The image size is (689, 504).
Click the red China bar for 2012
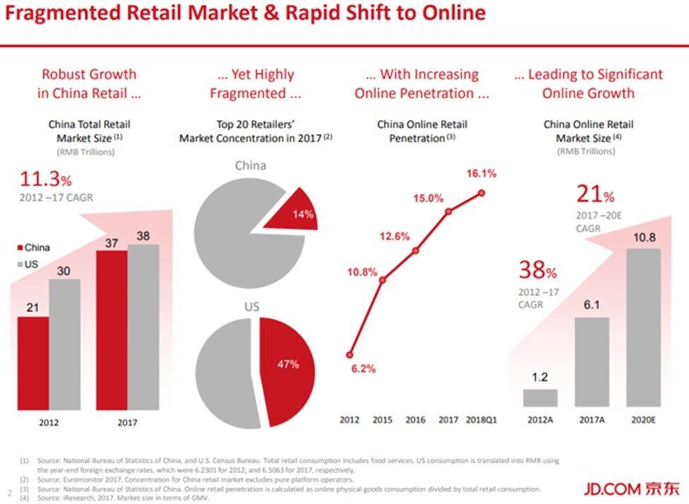33,363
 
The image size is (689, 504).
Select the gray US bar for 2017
143,327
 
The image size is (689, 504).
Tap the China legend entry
33,248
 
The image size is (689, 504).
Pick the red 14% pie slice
293,211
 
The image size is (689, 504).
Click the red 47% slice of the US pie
286,371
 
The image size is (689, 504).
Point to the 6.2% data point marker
350,355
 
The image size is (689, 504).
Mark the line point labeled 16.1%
482,193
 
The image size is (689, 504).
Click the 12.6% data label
394,236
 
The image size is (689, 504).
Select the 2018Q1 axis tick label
481,420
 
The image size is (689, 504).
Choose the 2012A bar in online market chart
540,397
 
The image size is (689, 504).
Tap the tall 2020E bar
643,328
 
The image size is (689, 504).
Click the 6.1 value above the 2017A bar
591,305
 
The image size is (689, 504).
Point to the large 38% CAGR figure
538,270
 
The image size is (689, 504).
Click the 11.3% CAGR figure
46,179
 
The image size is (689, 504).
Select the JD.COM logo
632,488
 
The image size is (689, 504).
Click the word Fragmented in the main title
63,13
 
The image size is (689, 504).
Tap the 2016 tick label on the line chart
416,420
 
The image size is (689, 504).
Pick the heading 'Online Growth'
589,93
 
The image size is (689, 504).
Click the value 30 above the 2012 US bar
64,271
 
